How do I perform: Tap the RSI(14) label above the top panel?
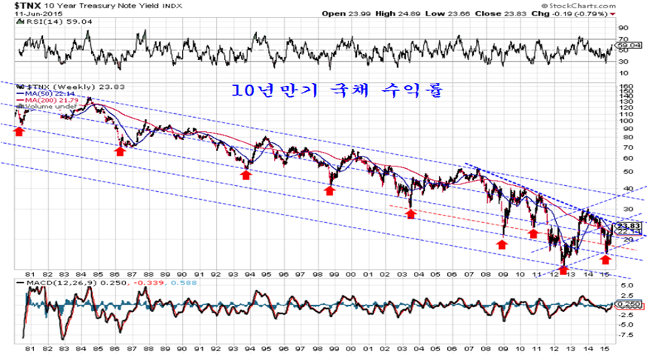click(x=33, y=23)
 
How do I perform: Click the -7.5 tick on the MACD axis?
click(x=625, y=333)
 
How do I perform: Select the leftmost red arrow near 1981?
click(x=19, y=131)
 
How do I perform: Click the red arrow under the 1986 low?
click(x=120, y=150)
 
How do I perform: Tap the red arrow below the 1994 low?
click(x=246, y=174)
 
